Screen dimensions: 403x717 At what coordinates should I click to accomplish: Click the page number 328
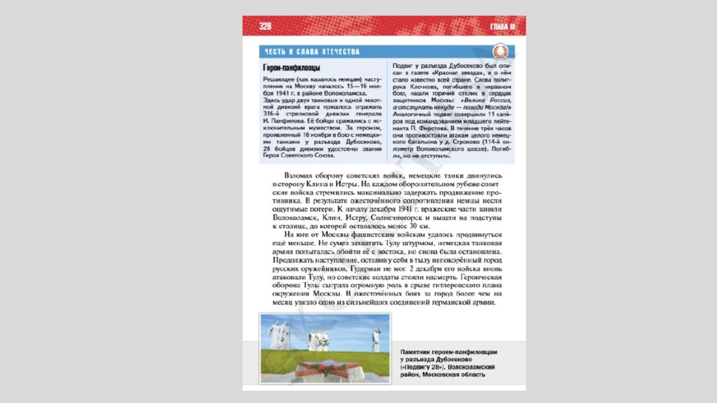click(x=265, y=27)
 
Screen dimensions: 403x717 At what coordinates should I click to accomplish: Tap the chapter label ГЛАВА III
click(x=503, y=27)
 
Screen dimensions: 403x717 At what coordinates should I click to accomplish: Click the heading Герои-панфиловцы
click(x=292, y=68)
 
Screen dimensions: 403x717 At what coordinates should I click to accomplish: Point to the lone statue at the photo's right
click(x=376, y=337)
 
